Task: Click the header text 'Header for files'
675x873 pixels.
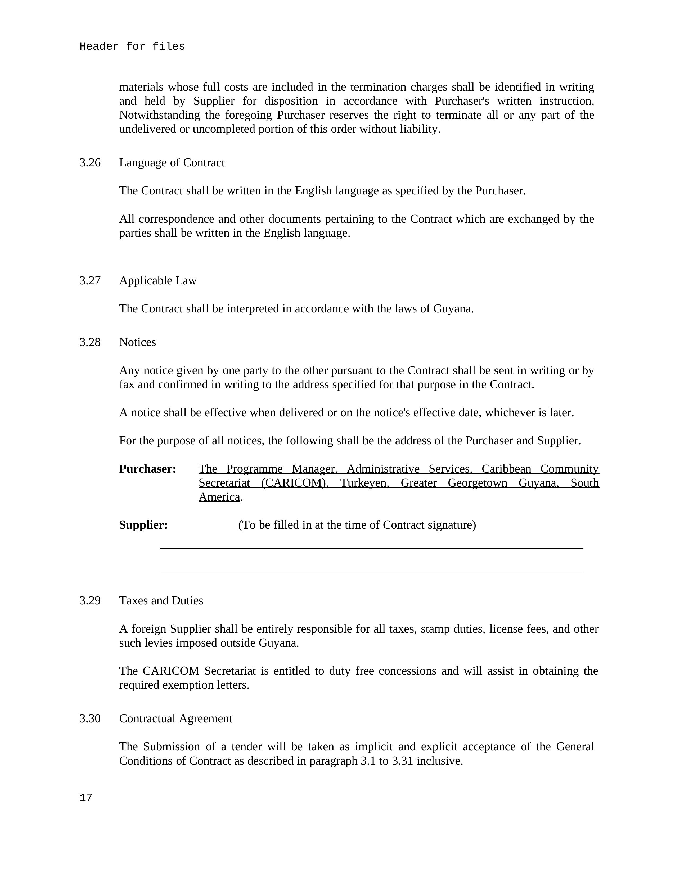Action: pyautogui.click(x=132, y=47)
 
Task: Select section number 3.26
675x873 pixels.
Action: pyautogui.click(x=90, y=163)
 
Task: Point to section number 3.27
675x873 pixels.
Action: pyautogui.click(x=90, y=281)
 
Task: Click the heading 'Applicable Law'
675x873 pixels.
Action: pyautogui.click(x=158, y=281)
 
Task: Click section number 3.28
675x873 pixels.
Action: pyautogui.click(x=90, y=342)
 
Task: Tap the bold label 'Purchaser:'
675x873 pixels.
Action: pyautogui.click(x=148, y=469)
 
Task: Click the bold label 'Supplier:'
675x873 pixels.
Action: pyautogui.click(x=143, y=525)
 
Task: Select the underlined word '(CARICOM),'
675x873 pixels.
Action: pyautogui.click(x=295, y=483)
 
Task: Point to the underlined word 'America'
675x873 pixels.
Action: pyautogui.click(x=219, y=497)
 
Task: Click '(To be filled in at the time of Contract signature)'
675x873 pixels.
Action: pyautogui.click(x=357, y=525)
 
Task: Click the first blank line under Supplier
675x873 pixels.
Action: pyautogui.click(x=371, y=548)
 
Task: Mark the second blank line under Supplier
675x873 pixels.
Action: pyautogui.click(x=371, y=572)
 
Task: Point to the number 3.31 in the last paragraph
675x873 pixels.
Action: pyautogui.click(x=402, y=761)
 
